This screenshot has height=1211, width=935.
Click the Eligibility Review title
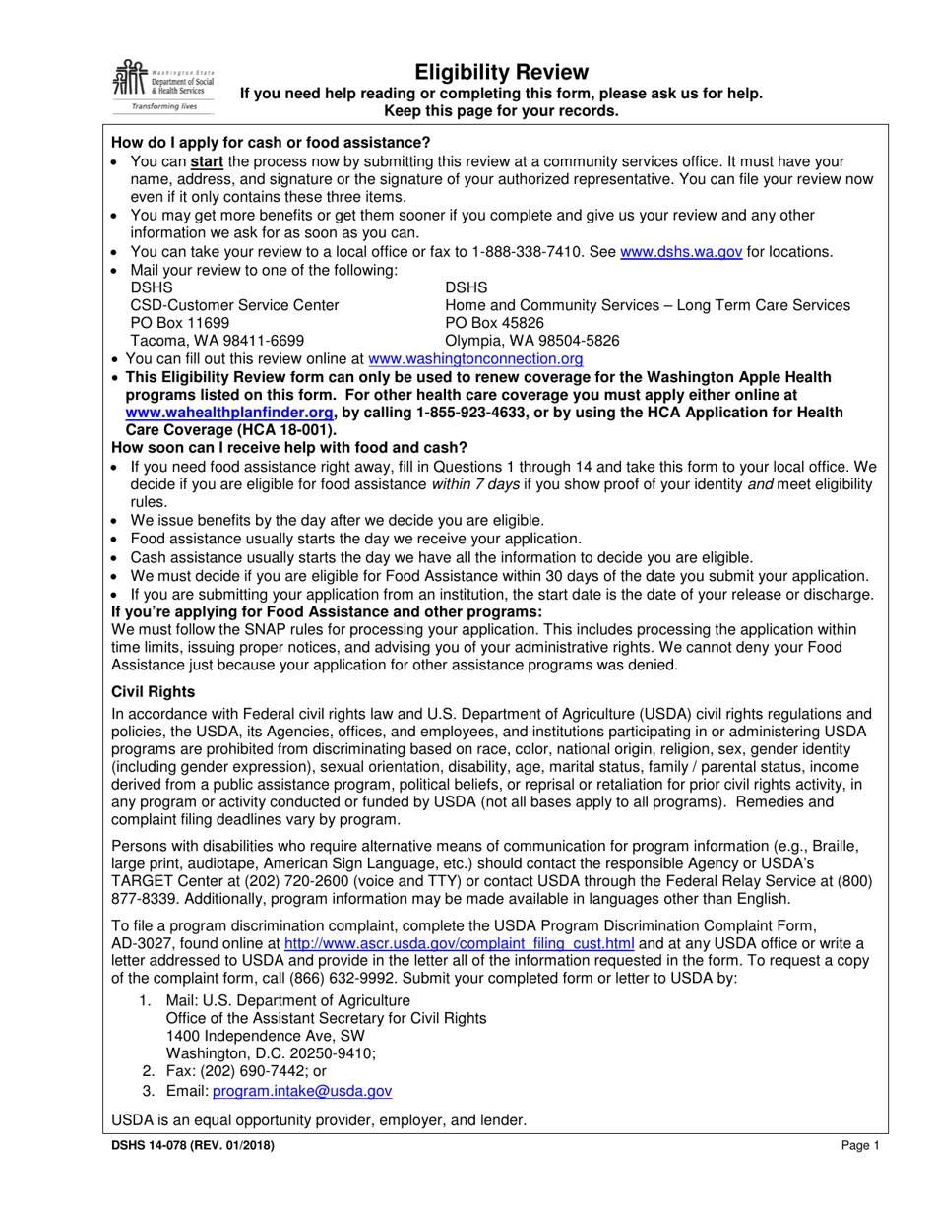point(501,72)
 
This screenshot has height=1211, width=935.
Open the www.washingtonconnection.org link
point(474,360)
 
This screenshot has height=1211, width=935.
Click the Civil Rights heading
point(153,692)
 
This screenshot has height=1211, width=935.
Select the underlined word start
point(206,161)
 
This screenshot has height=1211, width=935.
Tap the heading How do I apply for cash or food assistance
point(271,143)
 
